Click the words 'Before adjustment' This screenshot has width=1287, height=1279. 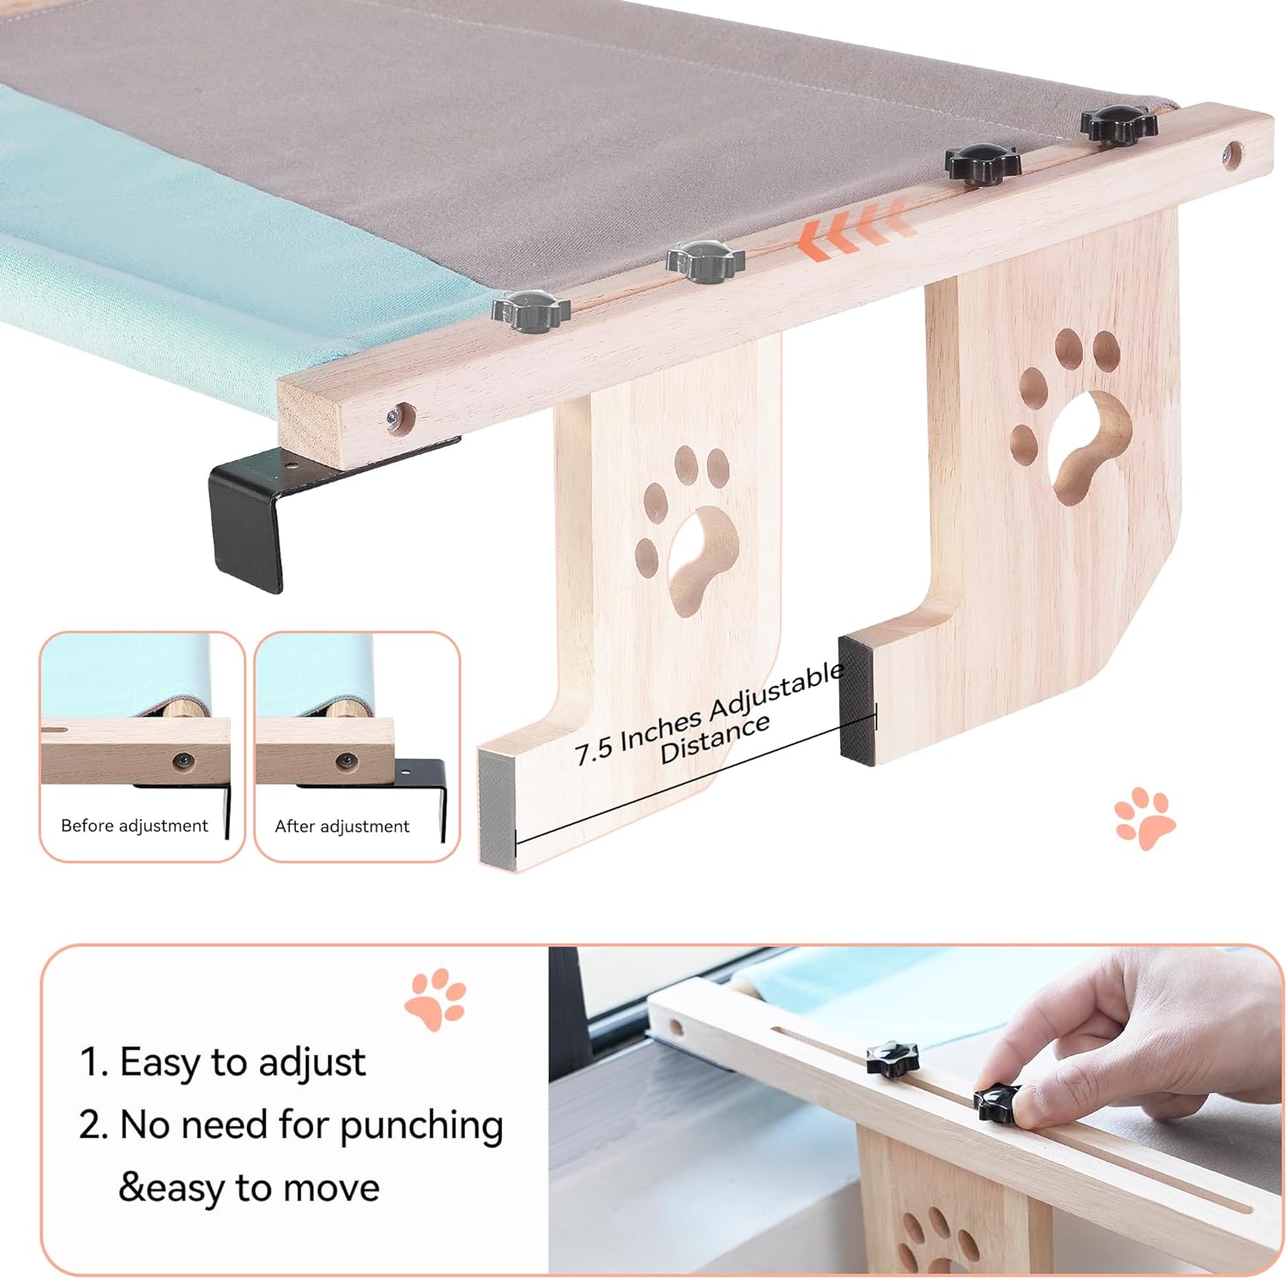point(135,826)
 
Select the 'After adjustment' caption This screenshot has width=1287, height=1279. point(341,827)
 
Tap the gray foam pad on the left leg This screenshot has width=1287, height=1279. point(498,807)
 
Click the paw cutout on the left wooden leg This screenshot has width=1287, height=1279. point(686,530)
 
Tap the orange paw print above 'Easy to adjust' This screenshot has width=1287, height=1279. point(435,999)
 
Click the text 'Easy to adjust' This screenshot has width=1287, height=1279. point(243,1063)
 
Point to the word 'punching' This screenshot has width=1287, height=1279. point(421,1126)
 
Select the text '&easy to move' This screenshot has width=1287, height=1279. point(249,1188)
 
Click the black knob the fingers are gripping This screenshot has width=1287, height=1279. point(998,1102)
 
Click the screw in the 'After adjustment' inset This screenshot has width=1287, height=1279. point(347,761)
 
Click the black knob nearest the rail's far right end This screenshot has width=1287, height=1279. point(1119,124)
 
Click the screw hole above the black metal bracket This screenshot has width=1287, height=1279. point(400,419)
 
